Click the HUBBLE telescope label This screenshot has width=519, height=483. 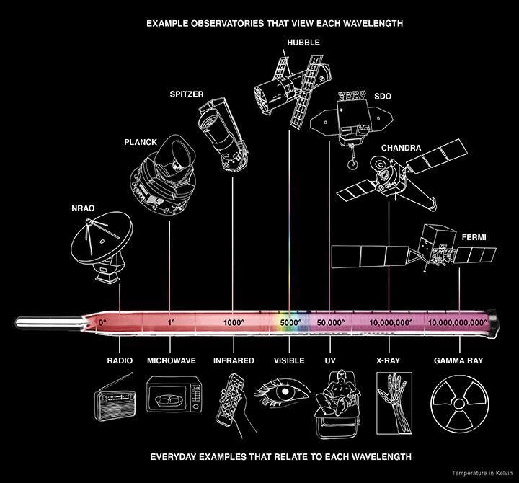click(x=303, y=43)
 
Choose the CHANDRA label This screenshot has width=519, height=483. click(x=401, y=148)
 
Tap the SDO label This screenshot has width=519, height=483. click(x=383, y=96)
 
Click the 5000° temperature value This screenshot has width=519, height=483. click(x=290, y=322)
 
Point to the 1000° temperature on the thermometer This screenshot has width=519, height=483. click(x=234, y=322)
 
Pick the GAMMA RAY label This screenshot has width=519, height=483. click(x=458, y=360)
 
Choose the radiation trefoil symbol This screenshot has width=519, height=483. click(x=459, y=407)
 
